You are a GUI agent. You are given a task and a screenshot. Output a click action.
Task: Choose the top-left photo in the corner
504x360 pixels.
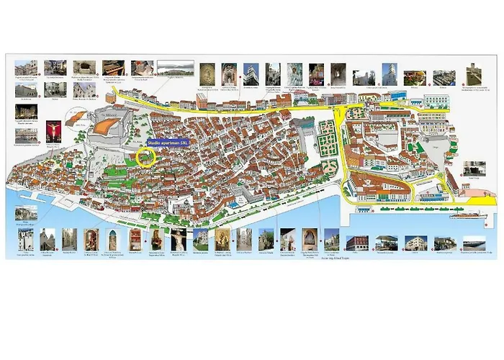point(26,68)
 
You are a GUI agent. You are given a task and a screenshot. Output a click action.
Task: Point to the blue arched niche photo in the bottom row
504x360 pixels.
point(114,240)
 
